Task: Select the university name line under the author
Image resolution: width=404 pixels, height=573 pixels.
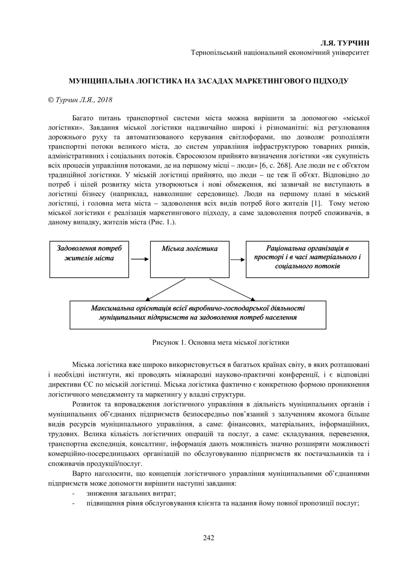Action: coord(280,52)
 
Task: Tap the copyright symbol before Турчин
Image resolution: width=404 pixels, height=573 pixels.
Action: coord(51,99)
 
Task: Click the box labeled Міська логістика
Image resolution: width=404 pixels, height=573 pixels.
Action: coord(190,259)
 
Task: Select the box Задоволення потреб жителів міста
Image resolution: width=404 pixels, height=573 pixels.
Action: coord(89,259)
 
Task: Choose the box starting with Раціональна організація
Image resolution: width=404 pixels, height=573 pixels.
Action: coord(307,259)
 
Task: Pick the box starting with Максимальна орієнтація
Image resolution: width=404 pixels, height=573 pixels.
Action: coord(197,315)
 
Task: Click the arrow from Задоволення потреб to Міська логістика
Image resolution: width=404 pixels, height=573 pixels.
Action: coord(140,259)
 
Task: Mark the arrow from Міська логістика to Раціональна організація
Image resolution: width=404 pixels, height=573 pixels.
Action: coord(238,259)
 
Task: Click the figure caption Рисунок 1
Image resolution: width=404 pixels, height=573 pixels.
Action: coord(220,342)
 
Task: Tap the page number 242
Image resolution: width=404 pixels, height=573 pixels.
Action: coord(208,537)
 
